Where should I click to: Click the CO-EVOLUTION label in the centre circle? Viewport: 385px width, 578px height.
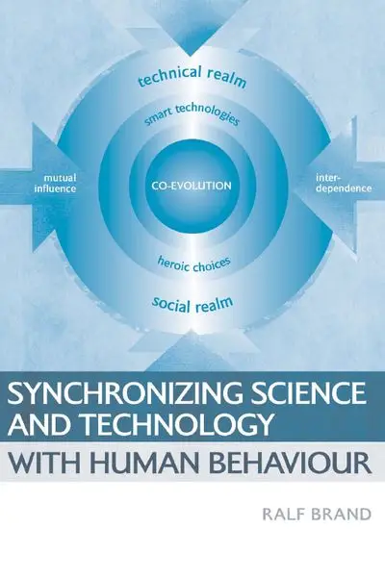click(x=192, y=186)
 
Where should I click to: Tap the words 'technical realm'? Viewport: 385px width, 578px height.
click(x=192, y=77)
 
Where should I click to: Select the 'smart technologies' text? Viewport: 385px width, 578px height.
click(x=192, y=114)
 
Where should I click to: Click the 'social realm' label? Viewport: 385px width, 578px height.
click(x=192, y=305)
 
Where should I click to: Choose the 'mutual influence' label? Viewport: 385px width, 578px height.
click(x=55, y=183)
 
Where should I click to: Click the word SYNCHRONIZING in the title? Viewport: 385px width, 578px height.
click(x=125, y=393)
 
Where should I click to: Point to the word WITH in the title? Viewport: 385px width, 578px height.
click(x=39, y=462)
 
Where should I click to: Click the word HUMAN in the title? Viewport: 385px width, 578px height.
click(x=139, y=462)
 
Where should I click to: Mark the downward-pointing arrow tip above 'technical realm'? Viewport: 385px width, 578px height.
click(x=191, y=56)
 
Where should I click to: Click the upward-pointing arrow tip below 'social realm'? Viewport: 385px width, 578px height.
click(x=191, y=331)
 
